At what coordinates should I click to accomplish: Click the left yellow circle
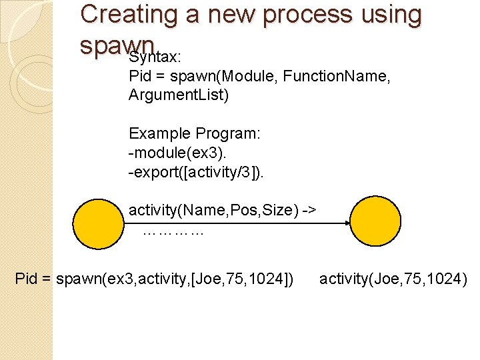[x=99, y=224]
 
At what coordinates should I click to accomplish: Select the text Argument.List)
[x=179, y=95]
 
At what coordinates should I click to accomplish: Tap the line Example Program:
[x=195, y=133]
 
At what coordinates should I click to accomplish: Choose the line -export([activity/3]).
[x=196, y=173]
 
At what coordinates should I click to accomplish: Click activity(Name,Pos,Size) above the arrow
[x=223, y=211]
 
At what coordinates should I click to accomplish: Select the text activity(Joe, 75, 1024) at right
[x=393, y=279]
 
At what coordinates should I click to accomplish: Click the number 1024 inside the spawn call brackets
[x=269, y=279]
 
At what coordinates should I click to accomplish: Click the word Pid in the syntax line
[x=141, y=77]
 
